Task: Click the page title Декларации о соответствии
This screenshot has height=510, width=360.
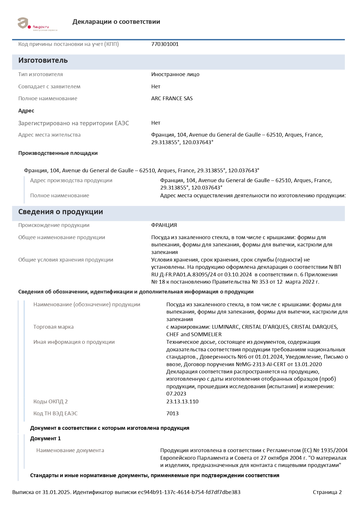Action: point(116,22)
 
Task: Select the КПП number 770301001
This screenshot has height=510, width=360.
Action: point(165,44)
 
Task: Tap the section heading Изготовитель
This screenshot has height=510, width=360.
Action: point(43,60)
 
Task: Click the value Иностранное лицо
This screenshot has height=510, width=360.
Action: point(175,74)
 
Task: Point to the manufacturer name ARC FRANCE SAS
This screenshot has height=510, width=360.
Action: point(172,99)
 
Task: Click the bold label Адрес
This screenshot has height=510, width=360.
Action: point(26,111)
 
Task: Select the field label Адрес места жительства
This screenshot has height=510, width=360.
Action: point(49,135)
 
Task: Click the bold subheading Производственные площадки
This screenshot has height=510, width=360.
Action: point(58,153)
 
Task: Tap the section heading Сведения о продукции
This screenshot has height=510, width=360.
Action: point(60,212)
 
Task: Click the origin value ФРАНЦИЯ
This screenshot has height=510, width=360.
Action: point(164,225)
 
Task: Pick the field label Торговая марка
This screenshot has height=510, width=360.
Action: point(53,327)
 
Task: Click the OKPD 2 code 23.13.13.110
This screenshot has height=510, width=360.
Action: point(182,402)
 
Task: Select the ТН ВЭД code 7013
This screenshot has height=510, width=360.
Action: point(172,414)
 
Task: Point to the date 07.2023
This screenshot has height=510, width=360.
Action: point(176,394)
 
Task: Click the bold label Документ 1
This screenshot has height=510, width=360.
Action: point(45,439)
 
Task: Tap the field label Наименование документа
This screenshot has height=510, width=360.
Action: point(70,450)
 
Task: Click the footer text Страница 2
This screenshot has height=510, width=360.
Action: point(327,492)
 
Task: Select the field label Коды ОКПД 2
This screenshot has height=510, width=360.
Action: point(51,402)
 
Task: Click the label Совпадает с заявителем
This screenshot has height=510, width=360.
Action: point(49,87)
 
